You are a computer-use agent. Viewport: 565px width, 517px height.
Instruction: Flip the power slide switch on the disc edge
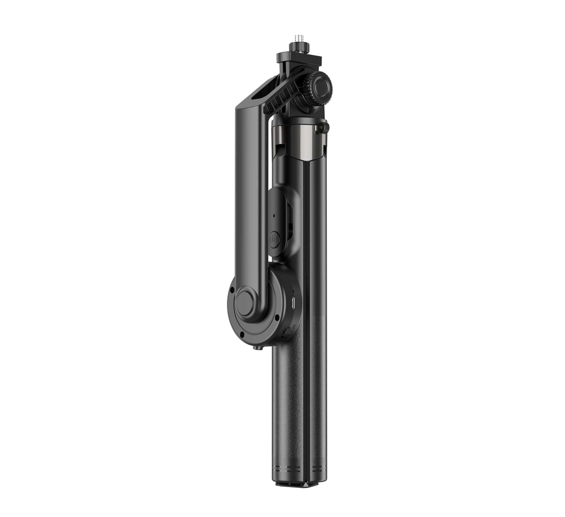tap(286, 334)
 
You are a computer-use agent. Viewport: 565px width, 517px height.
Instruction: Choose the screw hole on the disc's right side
tap(277, 317)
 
